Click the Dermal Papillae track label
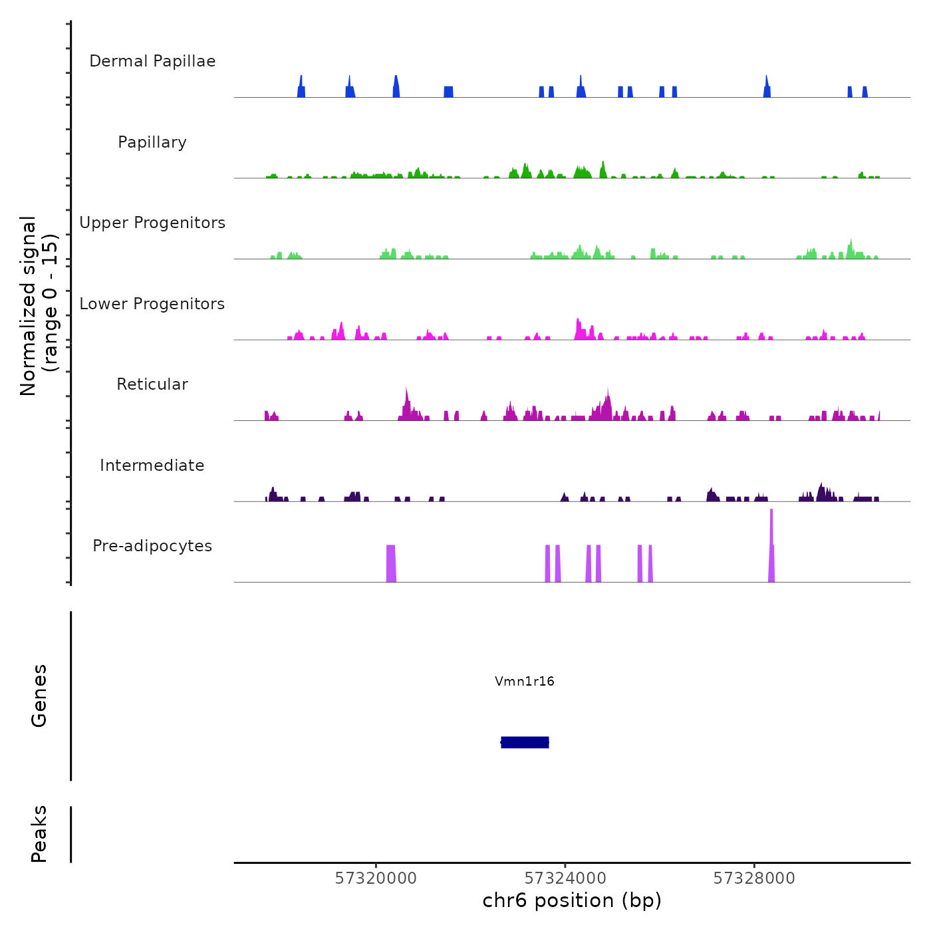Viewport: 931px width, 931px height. pyautogui.click(x=152, y=61)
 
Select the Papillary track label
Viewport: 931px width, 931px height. pyautogui.click(x=152, y=142)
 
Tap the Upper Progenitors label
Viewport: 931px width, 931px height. pyautogui.click(x=152, y=223)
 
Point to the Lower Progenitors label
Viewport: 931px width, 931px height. pyautogui.click(x=152, y=304)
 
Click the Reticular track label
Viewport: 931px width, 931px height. pyautogui.click(x=152, y=384)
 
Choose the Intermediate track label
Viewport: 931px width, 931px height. pyautogui.click(x=152, y=465)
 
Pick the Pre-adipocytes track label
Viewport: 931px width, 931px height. pyautogui.click(x=152, y=546)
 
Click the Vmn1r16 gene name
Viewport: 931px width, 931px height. pyautogui.click(x=524, y=681)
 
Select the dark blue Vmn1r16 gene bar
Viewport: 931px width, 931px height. pyautogui.click(x=525, y=742)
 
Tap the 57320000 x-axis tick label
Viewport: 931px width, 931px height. pyautogui.click(x=376, y=878)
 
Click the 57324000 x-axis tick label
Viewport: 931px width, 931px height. pyautogui.click(x=565, y=878)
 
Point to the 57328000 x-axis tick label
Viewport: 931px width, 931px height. pyautogui.click(x=754, y=878)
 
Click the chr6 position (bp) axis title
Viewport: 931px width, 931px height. pyautogui.click(x=572, y=900)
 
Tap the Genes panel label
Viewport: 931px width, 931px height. pyautogui.click(x=39, y=696)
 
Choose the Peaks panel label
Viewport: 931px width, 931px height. pyautogui.click(x=39, y=834)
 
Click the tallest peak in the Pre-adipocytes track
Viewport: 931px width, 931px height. pyautogui.click(x=771, y=532)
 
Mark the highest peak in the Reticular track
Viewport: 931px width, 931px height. pyautogui.click(x=406, y=399)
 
